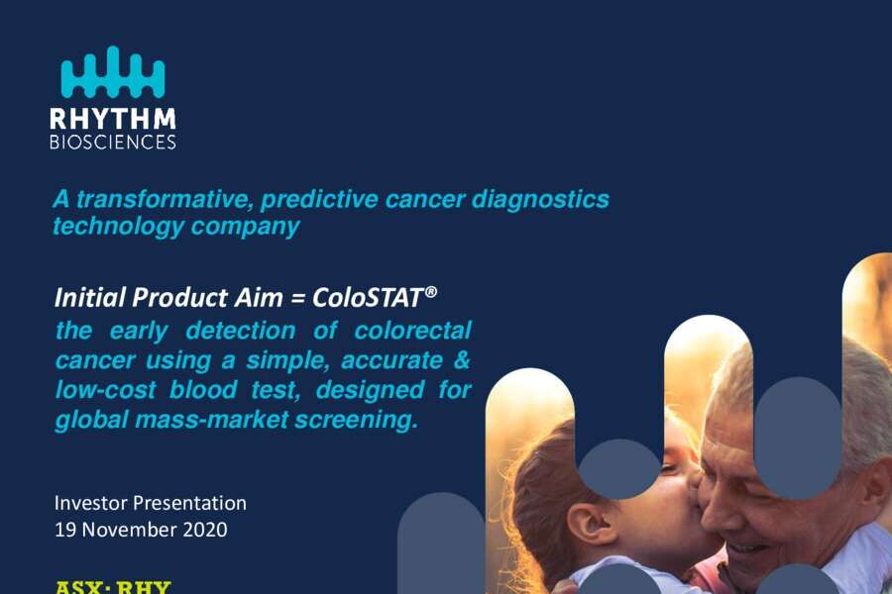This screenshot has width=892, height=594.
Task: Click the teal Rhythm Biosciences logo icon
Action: [113, 71]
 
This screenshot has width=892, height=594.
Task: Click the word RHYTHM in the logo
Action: [113, 119]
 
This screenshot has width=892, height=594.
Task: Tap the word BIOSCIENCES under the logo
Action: [113, 142]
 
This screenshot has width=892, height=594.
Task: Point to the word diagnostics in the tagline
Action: [540, 201]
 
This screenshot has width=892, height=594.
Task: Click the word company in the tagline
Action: [245, 227]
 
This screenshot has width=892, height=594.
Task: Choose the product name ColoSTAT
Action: [367, 297]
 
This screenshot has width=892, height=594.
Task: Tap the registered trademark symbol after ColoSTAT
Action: [431, 291]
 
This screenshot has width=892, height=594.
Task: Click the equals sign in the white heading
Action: [297, 299]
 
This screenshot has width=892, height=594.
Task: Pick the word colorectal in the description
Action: [413, 331]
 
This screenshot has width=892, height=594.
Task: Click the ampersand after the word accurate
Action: [463, 359]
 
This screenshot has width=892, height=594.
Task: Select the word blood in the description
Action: [203, 389]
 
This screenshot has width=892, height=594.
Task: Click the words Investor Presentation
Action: [151, 503]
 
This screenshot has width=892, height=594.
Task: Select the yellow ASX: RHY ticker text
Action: [113, 587]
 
